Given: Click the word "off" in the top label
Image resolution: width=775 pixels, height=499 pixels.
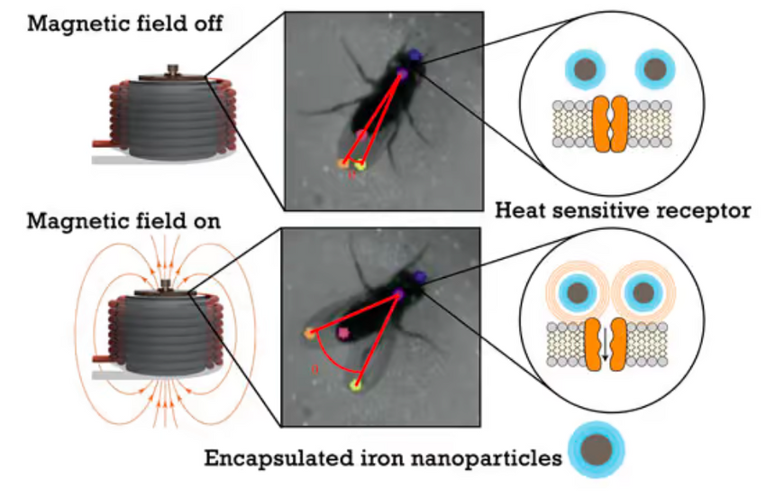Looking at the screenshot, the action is click(x=205, y=23).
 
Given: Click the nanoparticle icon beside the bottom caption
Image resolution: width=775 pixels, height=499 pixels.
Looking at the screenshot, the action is click(x=597, y=449).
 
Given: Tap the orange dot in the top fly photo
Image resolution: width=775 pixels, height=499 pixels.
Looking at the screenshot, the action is click(x=342, y=162).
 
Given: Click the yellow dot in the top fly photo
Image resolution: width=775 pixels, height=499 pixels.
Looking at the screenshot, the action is click(x=360, y=165).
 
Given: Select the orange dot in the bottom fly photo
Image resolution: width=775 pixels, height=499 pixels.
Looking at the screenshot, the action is click(x=310, y=333).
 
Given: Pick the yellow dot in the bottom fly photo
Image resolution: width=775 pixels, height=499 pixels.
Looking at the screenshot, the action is click(x=356, y=384).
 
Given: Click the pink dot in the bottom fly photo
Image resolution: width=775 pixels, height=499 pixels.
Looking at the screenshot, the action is click(x=342, y=333).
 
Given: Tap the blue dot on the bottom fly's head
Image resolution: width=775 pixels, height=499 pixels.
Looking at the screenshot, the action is click(x=420, y=277).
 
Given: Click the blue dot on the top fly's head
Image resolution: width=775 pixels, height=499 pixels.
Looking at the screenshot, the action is click(x=415, y=55).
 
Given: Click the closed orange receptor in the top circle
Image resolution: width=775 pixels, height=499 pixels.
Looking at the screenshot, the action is click(x=610, y=124).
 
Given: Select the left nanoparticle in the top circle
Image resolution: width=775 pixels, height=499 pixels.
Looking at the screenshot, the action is click(x=585, y=69).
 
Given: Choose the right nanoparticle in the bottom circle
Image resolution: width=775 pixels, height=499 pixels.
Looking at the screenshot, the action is click(x=643, y=293).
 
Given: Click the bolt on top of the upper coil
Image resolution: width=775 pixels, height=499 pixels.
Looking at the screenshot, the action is click(x=172, y=70).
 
